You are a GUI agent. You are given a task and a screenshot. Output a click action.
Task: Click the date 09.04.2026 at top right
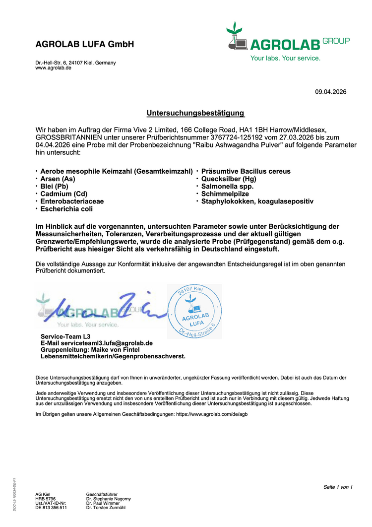coord(331,92)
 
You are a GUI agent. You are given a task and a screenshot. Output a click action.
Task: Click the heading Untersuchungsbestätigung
coord(195,113)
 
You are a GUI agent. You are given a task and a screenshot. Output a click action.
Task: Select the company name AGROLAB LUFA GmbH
coord(85,44)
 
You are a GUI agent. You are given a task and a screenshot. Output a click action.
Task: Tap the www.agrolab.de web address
coord(53,68)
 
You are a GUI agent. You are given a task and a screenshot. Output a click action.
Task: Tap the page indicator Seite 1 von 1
coord(338,487)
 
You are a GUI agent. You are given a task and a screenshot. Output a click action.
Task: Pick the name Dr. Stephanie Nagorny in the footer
coord(108,499)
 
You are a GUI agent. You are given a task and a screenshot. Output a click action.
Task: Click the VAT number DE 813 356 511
coord(51,508)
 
